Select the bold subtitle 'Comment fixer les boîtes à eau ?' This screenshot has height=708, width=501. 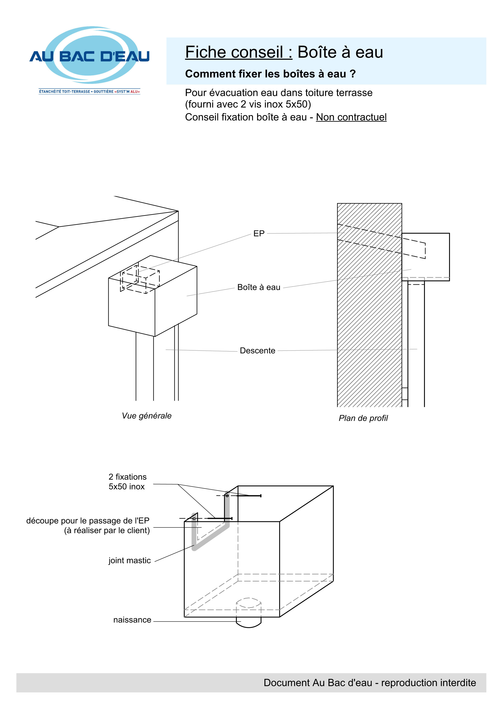click(270, 74)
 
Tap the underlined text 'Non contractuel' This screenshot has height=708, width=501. click(351, 117)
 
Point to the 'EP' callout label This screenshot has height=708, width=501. click(259, 234)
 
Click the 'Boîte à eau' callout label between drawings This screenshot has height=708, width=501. click(259, 287)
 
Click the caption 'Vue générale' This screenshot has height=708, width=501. click(147, 416)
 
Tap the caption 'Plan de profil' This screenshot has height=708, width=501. click(363, 418)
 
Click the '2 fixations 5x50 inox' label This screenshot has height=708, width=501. click(127, 482)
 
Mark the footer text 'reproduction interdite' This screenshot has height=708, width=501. click(428, 683)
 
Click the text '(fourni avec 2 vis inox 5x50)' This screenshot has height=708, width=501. click(248, 104)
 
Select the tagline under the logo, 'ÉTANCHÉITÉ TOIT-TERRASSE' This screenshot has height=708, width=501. click(64, 92)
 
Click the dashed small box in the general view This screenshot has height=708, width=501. click(140, 279)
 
